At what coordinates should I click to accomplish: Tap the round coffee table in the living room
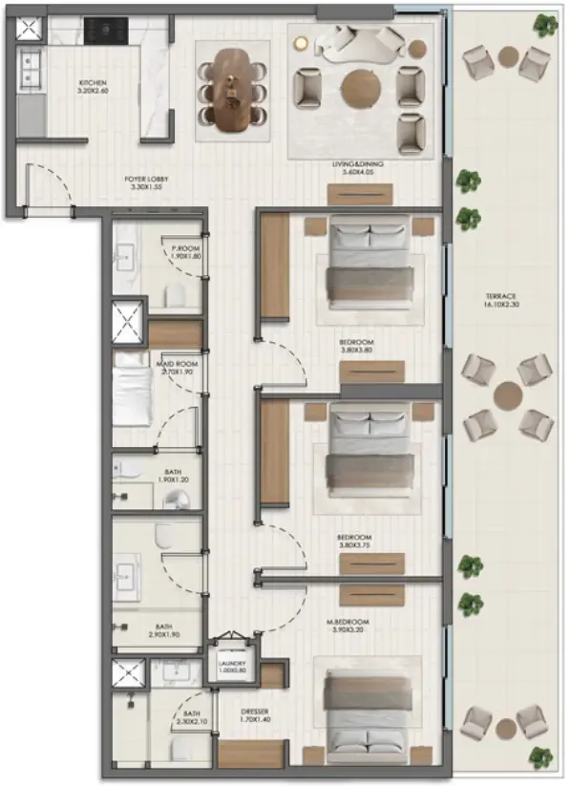click(361, 84)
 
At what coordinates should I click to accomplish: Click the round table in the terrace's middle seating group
click(508, 394)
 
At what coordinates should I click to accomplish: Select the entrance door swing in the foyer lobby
click(50, 186)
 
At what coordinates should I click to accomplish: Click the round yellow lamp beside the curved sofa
click(302, 42)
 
